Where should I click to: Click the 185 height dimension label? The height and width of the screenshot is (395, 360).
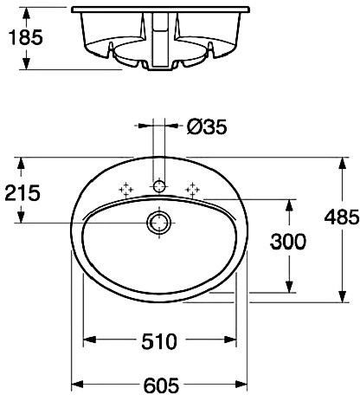(x=26, y=37)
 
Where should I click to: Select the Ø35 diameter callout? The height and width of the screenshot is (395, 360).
(x=207, y=127)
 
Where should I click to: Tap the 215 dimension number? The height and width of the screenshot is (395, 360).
(x=22, y=193)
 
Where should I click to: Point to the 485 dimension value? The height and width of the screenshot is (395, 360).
(x=342, y=217)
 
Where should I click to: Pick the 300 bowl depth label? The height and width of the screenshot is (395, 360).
(x=288, y=242)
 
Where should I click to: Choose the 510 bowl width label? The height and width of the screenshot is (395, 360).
(x=159, y=341)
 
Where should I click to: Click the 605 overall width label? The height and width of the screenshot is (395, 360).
(x=161, y=385)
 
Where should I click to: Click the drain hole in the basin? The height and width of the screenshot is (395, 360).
(x=159, y=223)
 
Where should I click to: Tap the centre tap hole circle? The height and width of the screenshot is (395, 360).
(x=159, y=186)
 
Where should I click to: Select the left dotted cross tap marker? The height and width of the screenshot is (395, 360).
(x=126, y=190)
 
